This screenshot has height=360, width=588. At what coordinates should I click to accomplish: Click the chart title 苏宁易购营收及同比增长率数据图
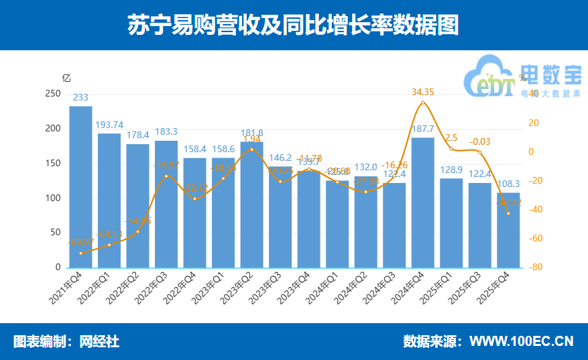(x=294, y=25)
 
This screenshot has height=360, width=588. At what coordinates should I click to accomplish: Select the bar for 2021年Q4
(x=80, y=188)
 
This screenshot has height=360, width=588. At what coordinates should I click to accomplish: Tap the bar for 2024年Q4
(x=422, y=201)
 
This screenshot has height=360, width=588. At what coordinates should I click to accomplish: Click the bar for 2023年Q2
(x=251, y=201)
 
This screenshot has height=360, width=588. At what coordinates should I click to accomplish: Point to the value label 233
(x=80, y=98)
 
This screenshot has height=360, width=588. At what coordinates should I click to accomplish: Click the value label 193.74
(x=109, y=125)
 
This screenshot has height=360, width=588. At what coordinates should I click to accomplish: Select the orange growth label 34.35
(x=422, y=92)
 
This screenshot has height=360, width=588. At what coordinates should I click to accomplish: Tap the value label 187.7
(x=422, y=129)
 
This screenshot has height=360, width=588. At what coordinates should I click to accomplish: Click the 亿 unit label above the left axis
(x=66, y=78)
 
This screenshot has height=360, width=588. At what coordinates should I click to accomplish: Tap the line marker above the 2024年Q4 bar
(x=422, y=103)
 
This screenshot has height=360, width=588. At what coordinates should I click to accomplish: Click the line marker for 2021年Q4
(x=80, y=253)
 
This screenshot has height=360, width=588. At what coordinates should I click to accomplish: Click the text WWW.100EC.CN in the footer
(x=521, y=341)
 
